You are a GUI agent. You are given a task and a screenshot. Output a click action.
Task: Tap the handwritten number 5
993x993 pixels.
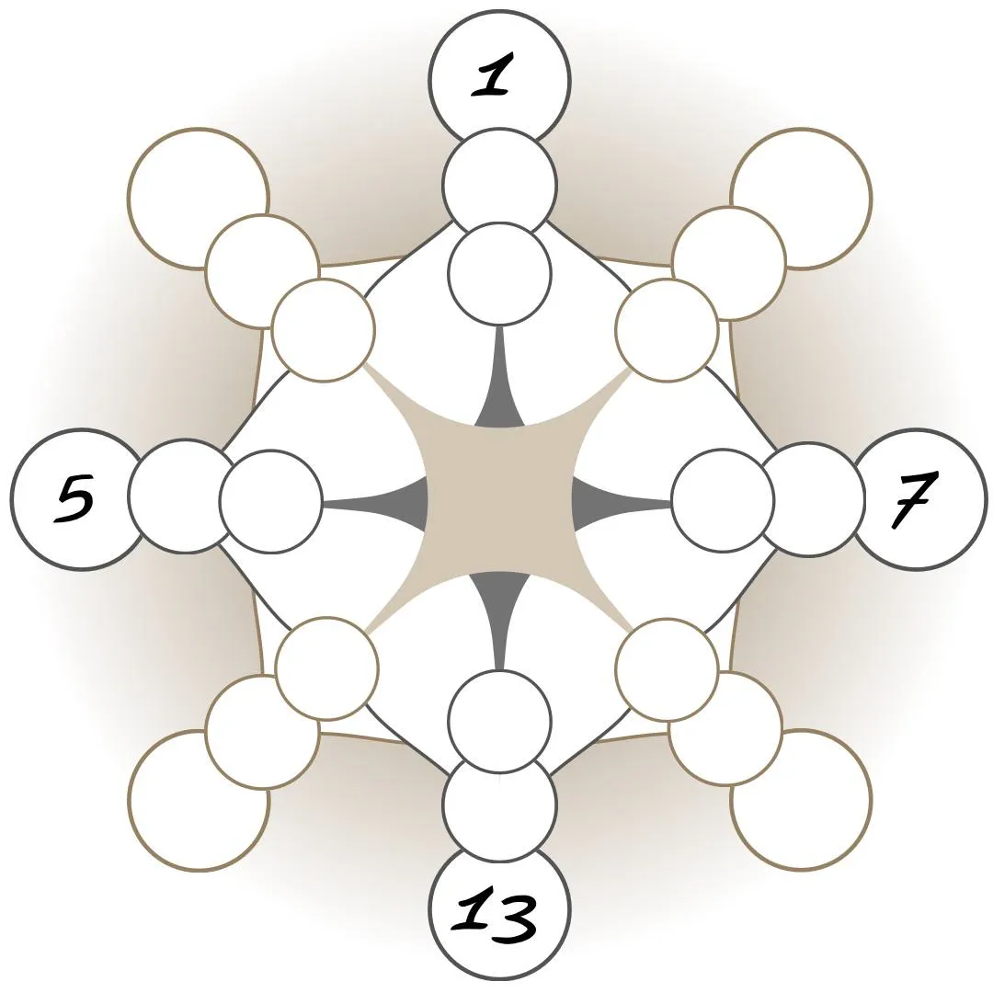(75, 499)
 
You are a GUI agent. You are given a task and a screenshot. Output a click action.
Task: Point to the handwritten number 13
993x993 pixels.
(497, 915)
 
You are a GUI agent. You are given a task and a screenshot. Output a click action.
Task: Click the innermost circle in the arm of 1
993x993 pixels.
(499, 273)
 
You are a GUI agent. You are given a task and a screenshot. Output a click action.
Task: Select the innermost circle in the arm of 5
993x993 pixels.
(271, 501)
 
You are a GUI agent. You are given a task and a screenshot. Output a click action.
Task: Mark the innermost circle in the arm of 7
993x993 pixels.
(723, 501)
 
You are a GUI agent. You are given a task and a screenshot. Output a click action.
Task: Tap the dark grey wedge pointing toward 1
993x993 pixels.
(500, 405)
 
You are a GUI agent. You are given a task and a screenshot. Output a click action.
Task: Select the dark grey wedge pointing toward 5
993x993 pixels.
(409, 502)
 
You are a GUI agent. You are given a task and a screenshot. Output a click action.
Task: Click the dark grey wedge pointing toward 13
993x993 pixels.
(500, 598)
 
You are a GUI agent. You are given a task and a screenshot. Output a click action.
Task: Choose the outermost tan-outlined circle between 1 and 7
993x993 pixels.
(802, 197)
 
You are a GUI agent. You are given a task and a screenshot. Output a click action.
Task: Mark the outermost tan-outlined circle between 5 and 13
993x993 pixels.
(199, 800)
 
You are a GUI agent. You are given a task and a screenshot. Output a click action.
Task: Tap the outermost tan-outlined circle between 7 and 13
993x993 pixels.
(802, 800)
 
